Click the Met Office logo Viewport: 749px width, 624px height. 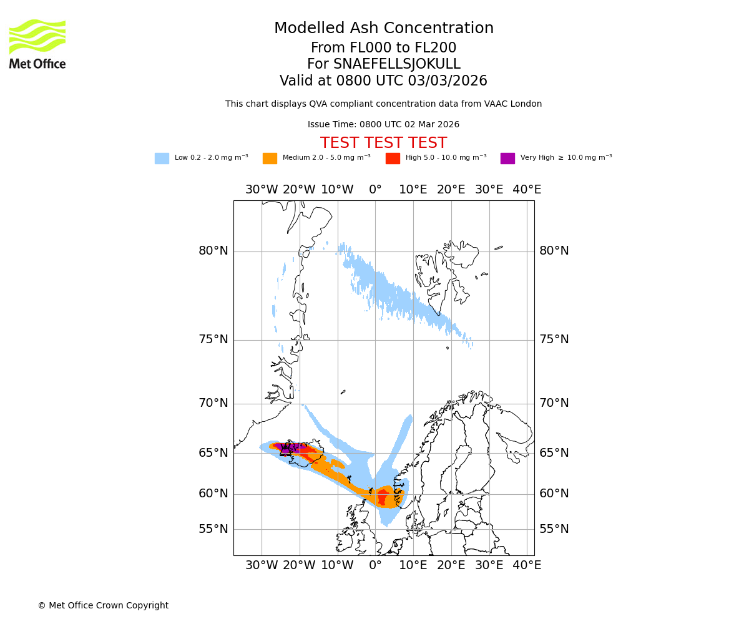37,44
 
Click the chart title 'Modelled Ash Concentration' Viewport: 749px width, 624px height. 383,29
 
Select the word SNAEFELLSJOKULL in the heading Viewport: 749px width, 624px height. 397,64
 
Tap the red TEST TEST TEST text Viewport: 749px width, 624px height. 383,143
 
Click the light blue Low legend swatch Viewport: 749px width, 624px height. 162,158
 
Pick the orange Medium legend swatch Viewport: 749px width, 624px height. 270,158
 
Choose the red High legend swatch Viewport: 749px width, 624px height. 393,158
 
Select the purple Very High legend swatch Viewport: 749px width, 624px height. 507,158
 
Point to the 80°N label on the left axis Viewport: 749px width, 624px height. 213,251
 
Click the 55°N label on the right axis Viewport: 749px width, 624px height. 554,529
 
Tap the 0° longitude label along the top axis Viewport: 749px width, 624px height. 375,190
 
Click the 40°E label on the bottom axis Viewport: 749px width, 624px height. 527,565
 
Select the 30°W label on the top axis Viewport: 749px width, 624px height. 261,190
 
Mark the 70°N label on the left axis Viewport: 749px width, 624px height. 213,403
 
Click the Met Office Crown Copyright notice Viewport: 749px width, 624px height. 103,605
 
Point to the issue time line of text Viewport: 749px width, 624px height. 383,125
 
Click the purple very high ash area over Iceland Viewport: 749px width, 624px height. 288,447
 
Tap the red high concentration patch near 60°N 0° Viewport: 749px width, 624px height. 382,497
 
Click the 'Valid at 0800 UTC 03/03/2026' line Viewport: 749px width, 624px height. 383,81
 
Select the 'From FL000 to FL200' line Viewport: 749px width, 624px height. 383,48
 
